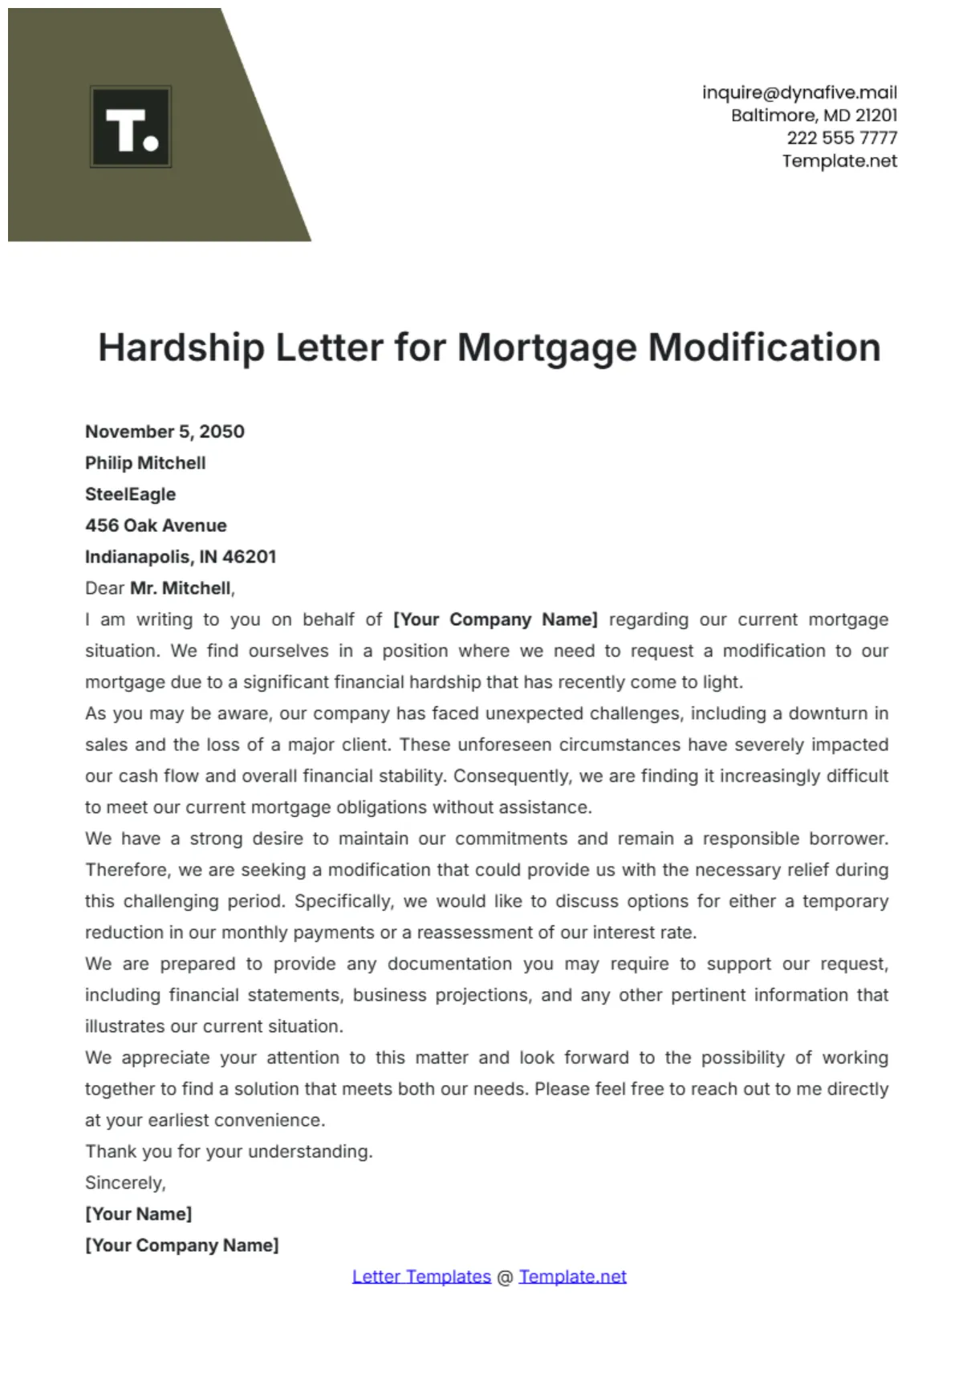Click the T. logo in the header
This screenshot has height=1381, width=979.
click(x=131, y=127)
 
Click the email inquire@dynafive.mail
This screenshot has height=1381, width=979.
click(x=799, y=92)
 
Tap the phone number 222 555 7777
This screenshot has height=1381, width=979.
click(x=842, y=138)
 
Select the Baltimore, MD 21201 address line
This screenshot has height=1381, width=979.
click(x=814, y=116)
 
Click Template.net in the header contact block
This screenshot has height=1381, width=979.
click(x=839, y=161)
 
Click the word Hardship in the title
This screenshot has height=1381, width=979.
click(x=181, y=348)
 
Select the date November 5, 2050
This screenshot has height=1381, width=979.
click(x=165, y=432)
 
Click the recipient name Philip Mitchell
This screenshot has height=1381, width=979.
click(x=145, y=463)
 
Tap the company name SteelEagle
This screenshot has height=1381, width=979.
click(x=130, y=494)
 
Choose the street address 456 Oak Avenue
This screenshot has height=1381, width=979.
click(x=156, y=526)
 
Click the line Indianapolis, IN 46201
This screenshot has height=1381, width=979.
click(x=181, y=557)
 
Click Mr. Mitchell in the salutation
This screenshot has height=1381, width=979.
click(x=181, y=588)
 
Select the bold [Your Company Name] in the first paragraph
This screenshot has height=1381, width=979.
click(x=495, y=619)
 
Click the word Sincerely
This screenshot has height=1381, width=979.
click(x=125, y=1183)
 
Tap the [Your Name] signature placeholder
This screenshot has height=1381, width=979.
click(x=138, y=1214)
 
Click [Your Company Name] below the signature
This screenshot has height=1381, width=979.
click(x=182, y=1245)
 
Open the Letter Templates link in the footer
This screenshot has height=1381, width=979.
click(x=421, y=1277)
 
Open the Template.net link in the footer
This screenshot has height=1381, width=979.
click(x=572, y=1277)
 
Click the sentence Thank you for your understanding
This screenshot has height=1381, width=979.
click(x=229, y=1152)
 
